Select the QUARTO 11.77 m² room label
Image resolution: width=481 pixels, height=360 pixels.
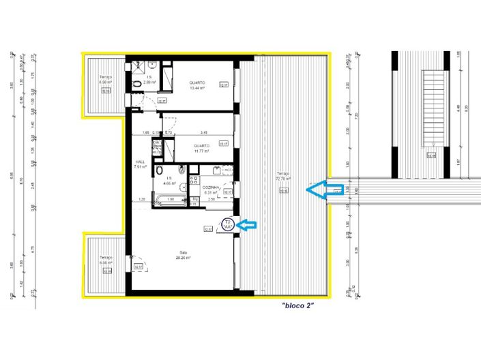[201, 147]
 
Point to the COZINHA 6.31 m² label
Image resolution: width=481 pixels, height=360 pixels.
[209, 190]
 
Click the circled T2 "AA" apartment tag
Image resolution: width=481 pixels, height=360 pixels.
[228, 224]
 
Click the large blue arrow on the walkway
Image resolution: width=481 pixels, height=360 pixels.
[324, 192]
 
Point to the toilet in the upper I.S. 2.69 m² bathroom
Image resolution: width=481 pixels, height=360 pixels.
[134, 84]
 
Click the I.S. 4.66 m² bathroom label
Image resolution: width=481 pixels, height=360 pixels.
[169, 180]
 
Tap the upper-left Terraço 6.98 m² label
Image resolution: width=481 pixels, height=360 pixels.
[104, 80]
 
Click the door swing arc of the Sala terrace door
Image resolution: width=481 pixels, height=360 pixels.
[137, 262]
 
